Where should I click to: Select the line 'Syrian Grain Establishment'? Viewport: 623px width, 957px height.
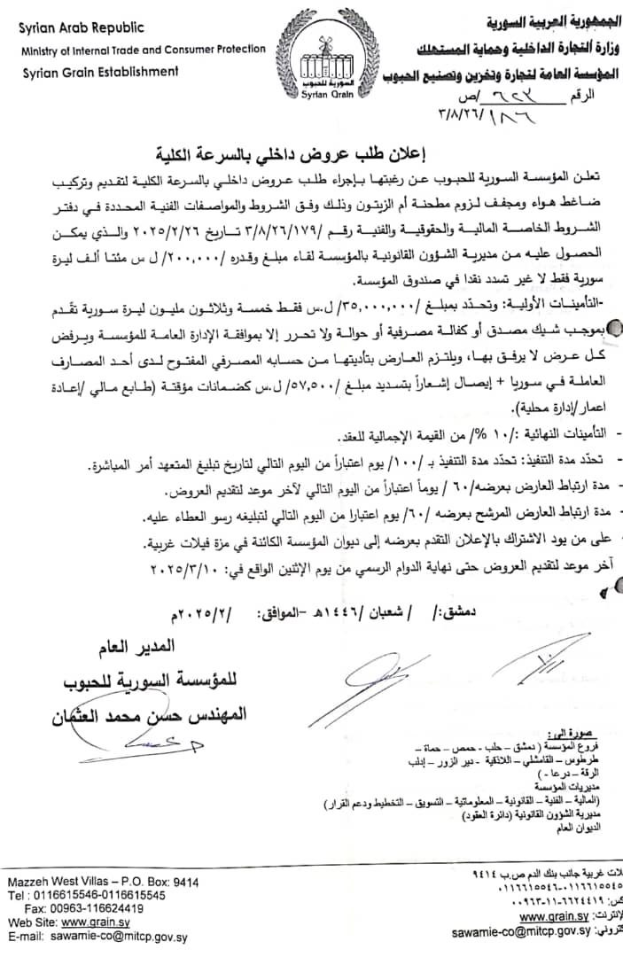(100, 72)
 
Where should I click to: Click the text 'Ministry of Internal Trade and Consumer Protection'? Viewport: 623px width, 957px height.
(144, 49)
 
